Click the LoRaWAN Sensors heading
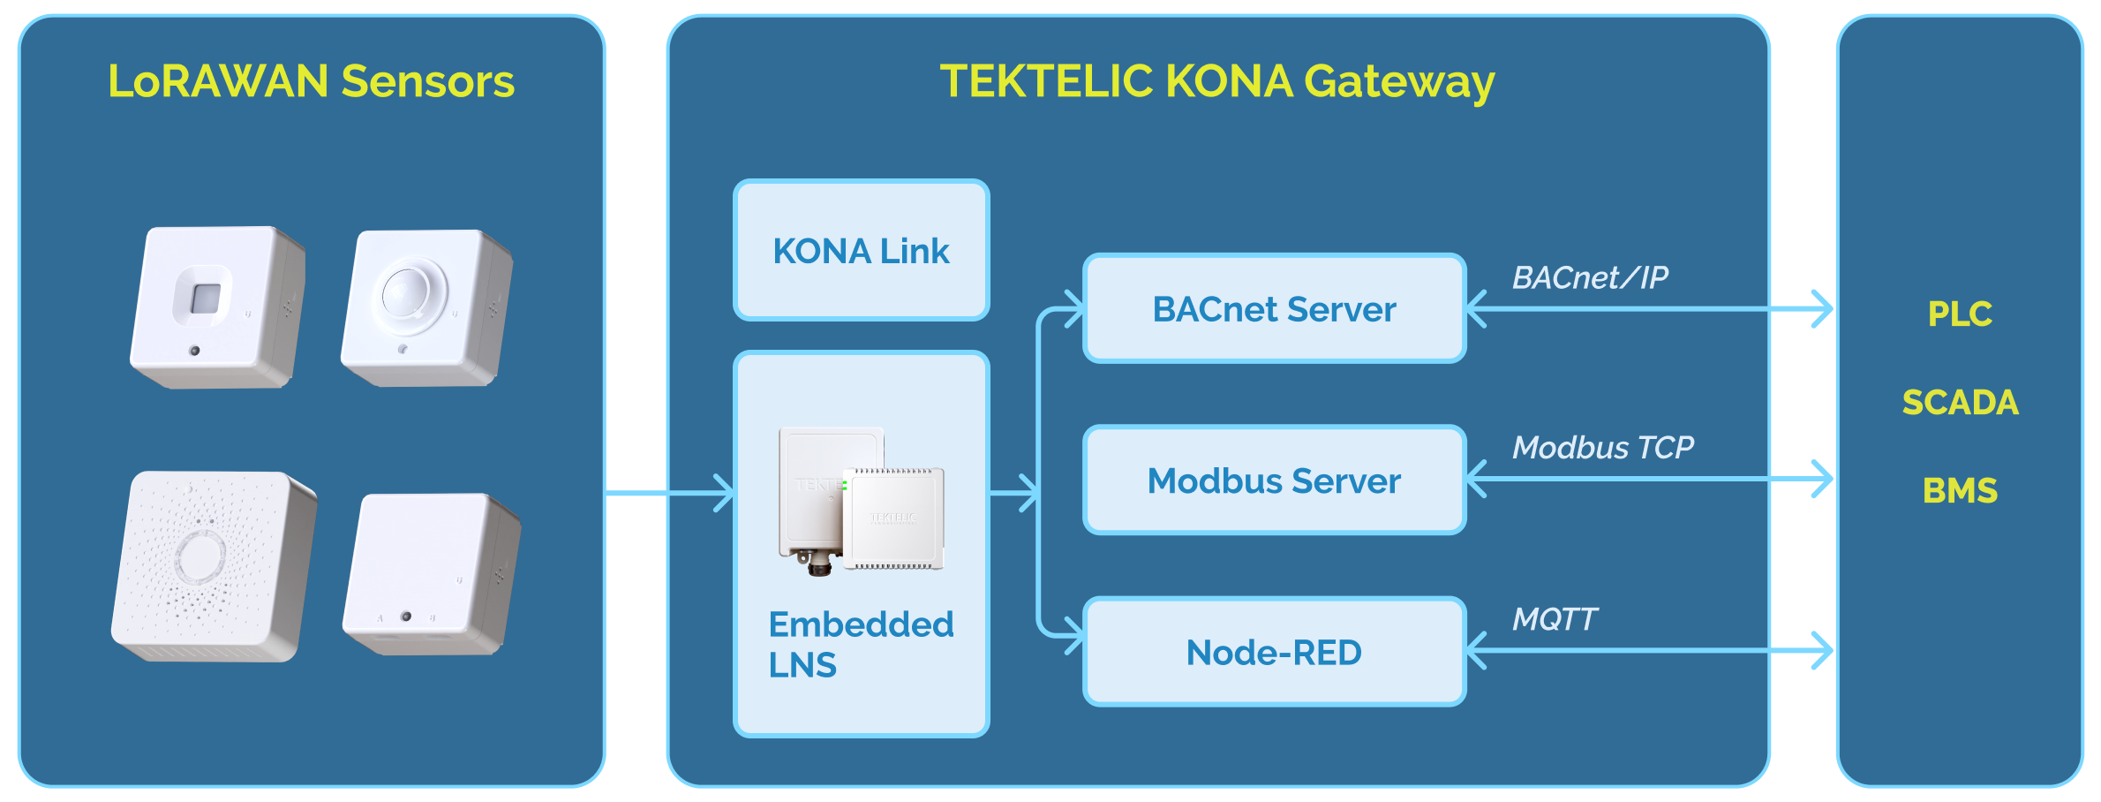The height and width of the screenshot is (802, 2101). pos(311,81)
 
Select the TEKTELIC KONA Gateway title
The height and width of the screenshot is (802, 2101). pos(1216,81)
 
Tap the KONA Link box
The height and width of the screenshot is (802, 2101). pos(861,251)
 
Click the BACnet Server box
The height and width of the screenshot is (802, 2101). pos(1274,309)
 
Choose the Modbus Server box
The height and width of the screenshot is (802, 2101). pos(1274,480)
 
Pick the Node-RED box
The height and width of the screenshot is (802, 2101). pos(1274,652)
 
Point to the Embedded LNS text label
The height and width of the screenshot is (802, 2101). pos(861,644)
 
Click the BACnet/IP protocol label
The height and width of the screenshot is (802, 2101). pos(1589,277)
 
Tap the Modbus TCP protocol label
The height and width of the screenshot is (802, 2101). pos(1602,448)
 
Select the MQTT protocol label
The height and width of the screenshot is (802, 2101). pos(1554,619)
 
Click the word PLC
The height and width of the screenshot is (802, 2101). pos(1960,314)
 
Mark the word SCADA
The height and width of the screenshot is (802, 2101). pos(1960,402)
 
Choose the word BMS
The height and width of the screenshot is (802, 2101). pos(1960,490)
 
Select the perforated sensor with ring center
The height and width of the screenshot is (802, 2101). pos(213,565)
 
